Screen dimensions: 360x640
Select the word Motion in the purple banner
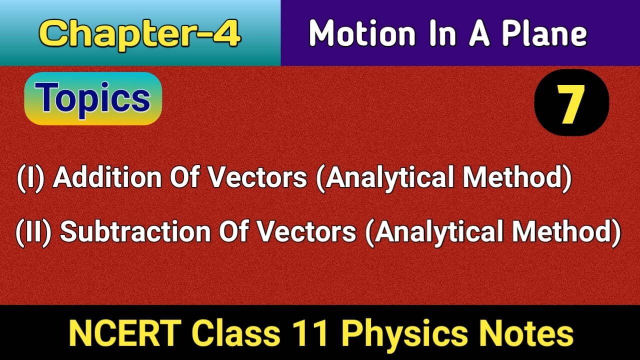coord(361,33)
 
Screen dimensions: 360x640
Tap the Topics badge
coord(93,98)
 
